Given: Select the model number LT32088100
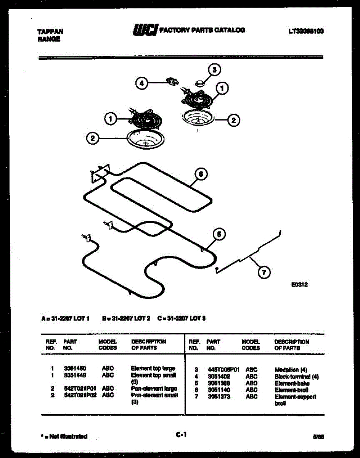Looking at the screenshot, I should coord(306,31).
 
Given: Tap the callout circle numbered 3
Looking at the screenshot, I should coord(214,70).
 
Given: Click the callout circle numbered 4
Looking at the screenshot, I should coord(141,83).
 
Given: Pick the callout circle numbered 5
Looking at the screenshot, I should coord(219,234).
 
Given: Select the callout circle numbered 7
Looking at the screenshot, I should coord(264,272).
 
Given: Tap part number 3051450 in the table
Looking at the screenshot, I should coord(75,368).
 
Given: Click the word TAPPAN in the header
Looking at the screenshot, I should coord(51,32).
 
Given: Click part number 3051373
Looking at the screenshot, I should coord(219,397).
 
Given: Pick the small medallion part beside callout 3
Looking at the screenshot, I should coord(199,82).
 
